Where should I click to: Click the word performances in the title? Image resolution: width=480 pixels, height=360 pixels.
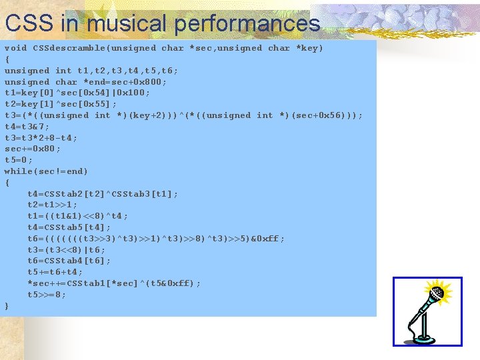point(247,24)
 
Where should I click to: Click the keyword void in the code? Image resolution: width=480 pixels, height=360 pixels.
point(16,48)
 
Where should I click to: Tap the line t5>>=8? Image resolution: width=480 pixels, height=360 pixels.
point(47,295)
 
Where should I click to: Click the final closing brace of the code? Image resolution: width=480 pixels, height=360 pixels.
point(7,306)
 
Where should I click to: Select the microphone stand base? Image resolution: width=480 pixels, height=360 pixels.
point(418,336)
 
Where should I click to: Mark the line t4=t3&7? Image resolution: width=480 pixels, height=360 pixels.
point(27,127)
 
